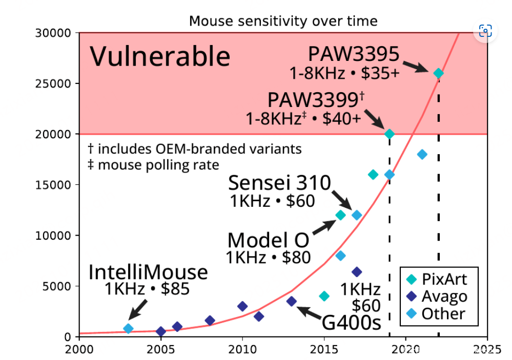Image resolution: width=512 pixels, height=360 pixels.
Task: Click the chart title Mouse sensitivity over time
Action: (x=283, y=21)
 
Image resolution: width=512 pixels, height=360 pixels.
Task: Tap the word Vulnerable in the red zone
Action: (x=159, y=56)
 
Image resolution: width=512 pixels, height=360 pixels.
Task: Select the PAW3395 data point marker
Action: (x=438, y=73)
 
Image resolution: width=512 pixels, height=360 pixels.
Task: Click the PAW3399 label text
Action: (x=315, y=99)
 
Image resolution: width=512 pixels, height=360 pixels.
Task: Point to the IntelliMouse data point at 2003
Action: (x=128, y=328)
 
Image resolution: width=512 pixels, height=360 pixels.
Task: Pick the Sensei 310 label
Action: (x=279, y=182)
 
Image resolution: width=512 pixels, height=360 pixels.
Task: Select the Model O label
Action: (x=269, y=240)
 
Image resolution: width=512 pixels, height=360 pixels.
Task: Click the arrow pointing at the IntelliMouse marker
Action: (x=138, y=309)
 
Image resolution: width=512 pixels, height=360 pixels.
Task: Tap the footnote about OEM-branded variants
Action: (x=195, y=149)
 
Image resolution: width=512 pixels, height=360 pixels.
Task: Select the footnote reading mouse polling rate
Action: (x=153, y=165)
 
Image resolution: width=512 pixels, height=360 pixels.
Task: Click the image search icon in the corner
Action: (x=485, y=31)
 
